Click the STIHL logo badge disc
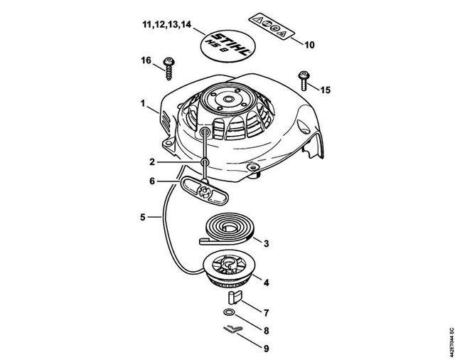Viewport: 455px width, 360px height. pyautogui.click(x=225, y=45)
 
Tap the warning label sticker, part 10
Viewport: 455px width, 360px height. pyautogui.click(x=272, y=27)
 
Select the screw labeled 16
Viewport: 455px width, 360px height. pyautogui.click(x=168, y=68)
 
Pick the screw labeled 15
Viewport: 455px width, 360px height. pyautogui.click(x=304, y=80)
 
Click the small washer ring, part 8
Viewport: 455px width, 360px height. pyautogui.click(x=229, y=312)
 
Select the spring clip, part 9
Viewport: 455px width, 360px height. pyautogui.click(x=233, y=329)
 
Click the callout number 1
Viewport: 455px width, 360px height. pyautogui.click(x=143, y=103)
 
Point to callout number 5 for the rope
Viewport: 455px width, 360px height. pyautogui.click(x=142, y=217)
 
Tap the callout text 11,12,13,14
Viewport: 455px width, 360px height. pyautogui.click(x=167, y=24)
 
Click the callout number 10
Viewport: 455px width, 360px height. pyautogui.click(x=310, y=45)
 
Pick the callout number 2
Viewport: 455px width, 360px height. pyautogui.click(x=152, y=162)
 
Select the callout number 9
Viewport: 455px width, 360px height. pyautogui.click(x=266, y=348)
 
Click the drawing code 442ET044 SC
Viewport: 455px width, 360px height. pyautogui.click(x=451, y=343)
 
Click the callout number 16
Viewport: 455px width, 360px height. pyautogui.click(x=146, y=60)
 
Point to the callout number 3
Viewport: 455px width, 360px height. pyautogui.click(x=266, y=243)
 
